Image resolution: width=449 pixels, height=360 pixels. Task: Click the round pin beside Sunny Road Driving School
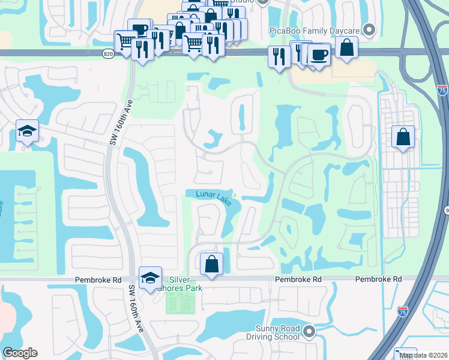(x=309, y=331)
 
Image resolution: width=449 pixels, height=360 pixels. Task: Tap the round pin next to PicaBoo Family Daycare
(x=370, y=28)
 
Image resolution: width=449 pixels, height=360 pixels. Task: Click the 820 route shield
(x=108, y=53)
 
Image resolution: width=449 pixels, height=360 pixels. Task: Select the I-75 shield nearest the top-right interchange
(x=442, y=91)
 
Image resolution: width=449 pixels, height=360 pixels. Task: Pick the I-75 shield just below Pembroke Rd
(x=402, y=311)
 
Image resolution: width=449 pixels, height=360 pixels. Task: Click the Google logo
(x=20, y=353)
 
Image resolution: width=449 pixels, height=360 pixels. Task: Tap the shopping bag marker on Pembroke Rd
(x=211, y=263)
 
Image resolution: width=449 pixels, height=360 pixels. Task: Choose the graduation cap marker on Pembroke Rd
(x=150, y=277)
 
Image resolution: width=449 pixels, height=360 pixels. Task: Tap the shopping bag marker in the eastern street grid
(x=403, y=137)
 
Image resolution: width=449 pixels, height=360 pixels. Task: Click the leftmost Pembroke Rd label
(x=98, y=280)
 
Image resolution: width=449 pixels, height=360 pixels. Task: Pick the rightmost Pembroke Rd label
(x=378, y=280)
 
